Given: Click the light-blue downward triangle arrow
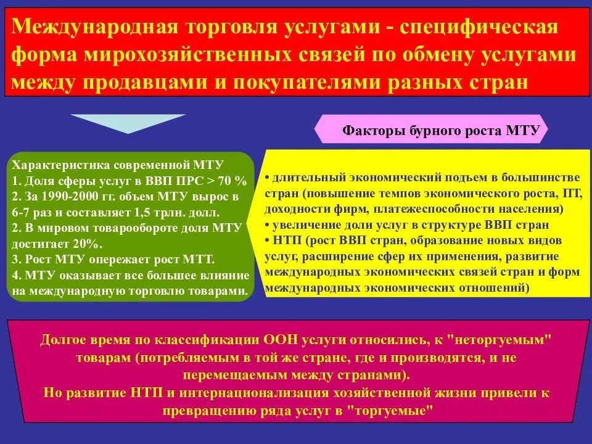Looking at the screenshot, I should coord(128,123).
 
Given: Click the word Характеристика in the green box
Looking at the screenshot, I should coord(56,166).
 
